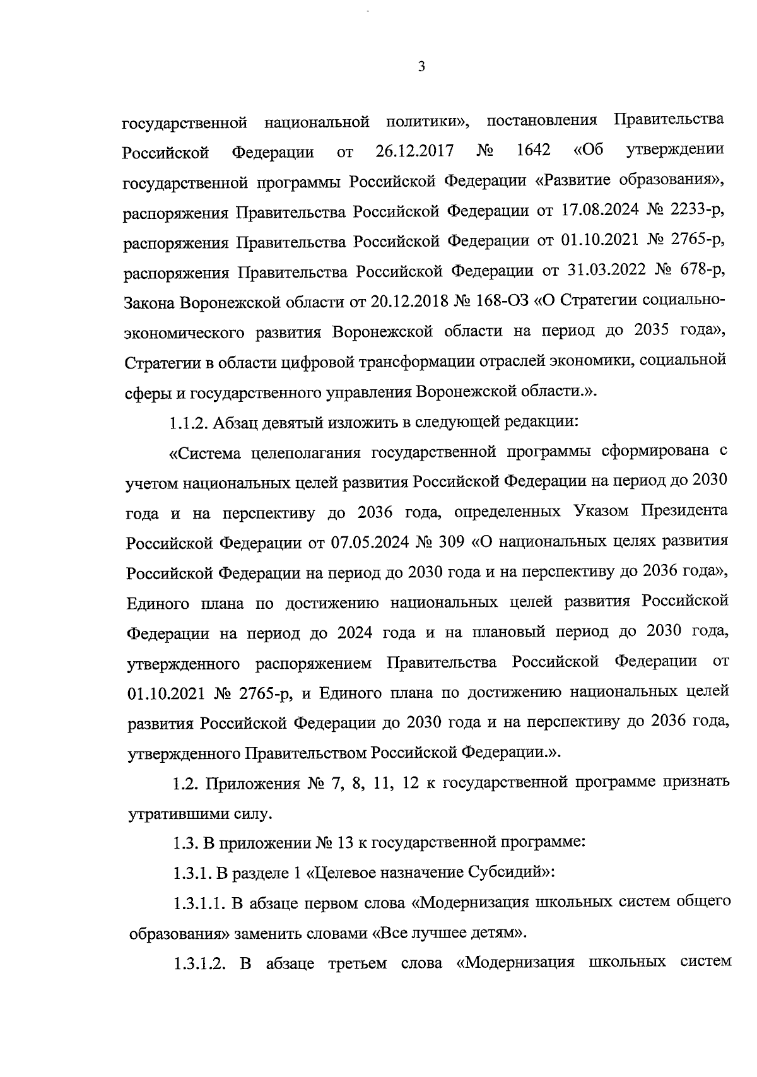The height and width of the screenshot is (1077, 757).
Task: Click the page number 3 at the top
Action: click(x=421, y=67)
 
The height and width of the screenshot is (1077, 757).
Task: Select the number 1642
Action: click(x=533, y=151)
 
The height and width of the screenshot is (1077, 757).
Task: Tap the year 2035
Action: click(x=647, y=332)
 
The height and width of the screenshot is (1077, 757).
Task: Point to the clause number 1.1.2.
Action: click(x=189, y=422)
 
